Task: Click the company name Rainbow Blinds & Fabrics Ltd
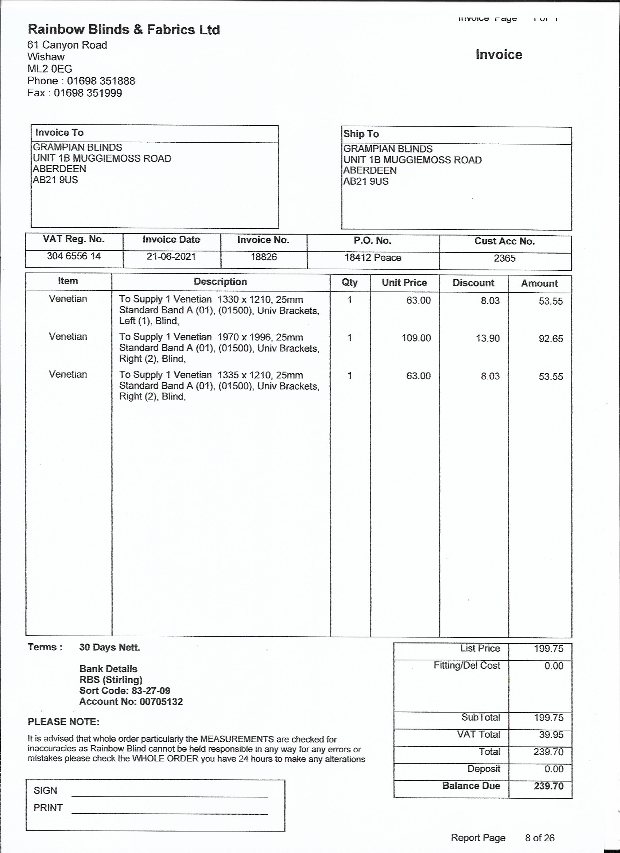click(124, 30)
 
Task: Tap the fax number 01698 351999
click(88, 93)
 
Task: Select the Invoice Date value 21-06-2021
click(171, 256)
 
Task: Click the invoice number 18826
click(264, 257)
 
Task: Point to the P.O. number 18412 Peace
click(373, 258)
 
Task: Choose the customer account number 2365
click(505, 258)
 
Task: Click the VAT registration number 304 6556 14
click(74, 256)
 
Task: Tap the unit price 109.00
click(416, 338)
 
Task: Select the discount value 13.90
click(488, 338)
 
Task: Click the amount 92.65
click(550, 339)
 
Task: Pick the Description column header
click(220, 282)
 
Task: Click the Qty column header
click(349, 282)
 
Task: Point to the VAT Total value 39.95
click(551, 735)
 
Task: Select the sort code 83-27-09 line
click(124, 691)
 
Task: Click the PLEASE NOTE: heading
click(63, 722)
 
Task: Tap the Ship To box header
click(361, 134)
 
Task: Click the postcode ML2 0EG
click(50, 69)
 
